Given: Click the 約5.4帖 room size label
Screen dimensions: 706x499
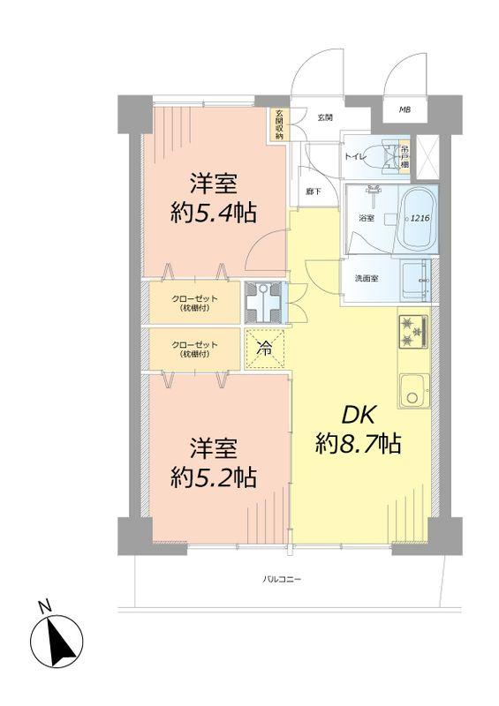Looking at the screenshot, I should coord(213,213).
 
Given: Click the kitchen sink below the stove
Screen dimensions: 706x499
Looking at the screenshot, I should coord(412,391).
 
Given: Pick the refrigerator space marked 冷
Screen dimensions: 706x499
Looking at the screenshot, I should coord(264,348).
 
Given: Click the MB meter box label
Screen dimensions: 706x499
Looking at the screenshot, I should coord(404,109).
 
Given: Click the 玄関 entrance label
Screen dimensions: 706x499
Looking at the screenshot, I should coord(326,116).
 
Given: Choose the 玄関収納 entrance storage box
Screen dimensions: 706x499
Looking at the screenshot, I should coord(279,124).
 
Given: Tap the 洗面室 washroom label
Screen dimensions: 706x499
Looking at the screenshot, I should coord(367,279).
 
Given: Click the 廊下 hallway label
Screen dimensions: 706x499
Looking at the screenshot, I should coord(313,190).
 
